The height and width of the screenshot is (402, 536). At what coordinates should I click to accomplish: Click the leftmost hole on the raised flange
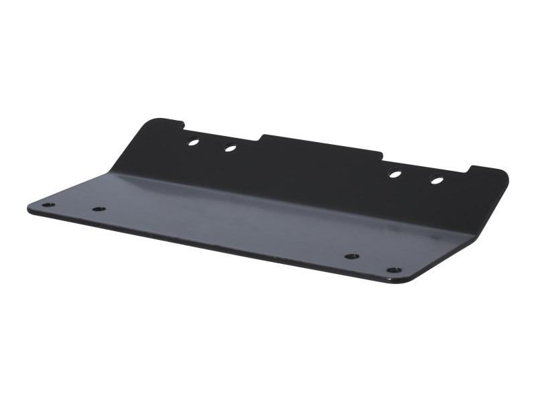193,141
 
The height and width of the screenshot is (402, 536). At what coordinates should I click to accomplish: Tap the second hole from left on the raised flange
230,148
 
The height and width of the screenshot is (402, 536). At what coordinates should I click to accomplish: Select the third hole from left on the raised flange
395,174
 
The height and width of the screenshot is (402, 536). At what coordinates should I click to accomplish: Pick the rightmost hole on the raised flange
437,180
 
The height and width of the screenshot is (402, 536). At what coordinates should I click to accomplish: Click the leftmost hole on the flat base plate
46,204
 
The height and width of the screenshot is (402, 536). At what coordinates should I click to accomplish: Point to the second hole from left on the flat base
99,209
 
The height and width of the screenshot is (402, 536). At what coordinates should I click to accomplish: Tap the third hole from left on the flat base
352,256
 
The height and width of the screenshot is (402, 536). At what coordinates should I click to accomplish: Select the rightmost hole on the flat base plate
394,270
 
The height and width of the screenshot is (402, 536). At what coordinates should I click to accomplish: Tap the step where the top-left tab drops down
184,125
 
